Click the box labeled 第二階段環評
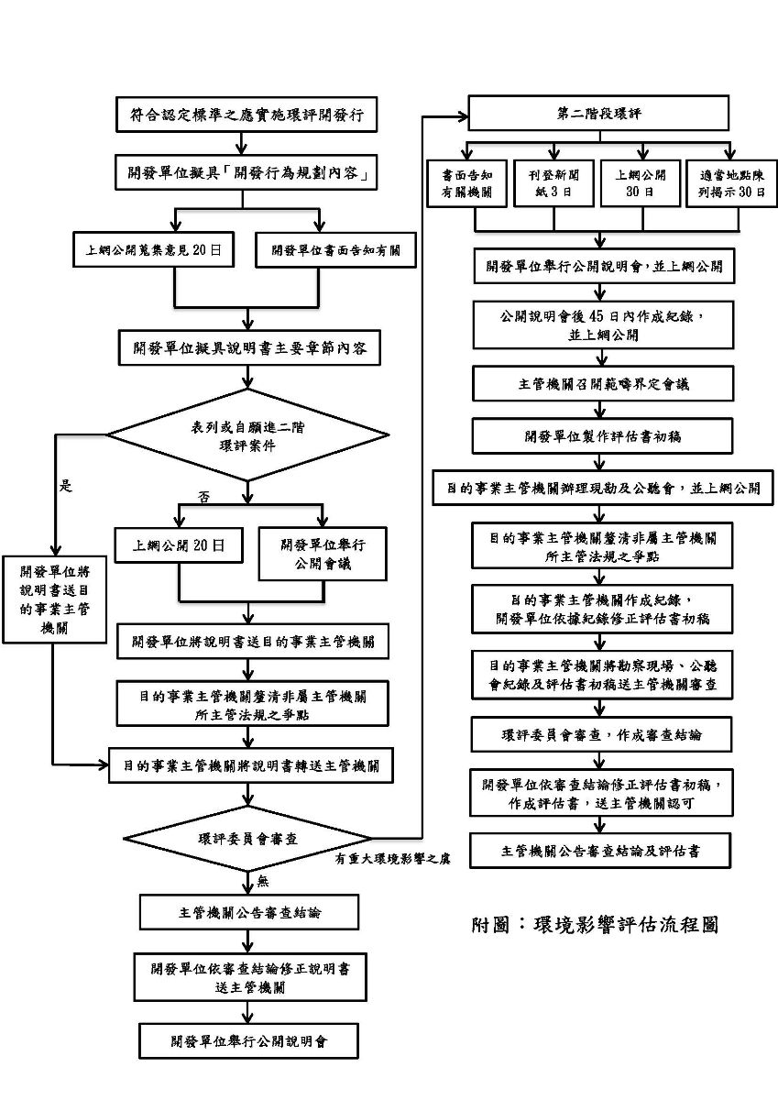point(599,114)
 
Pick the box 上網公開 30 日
point(640,184)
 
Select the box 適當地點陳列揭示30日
point(731,184)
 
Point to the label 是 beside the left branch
point(66,487)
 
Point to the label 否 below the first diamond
point(205,496)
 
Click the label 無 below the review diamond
point(263,881)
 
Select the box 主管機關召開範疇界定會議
point(603,384)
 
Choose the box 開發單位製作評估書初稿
point(603,436)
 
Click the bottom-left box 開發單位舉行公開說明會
point(248,1040)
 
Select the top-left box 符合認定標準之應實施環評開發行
point(246,115)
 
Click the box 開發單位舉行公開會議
point(323,554)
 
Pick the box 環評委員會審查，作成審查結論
point(602,735)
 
